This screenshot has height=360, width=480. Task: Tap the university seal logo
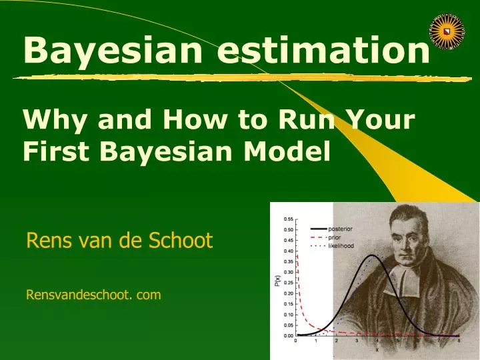pos(447,30)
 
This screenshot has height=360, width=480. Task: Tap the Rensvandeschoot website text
pos(93,294)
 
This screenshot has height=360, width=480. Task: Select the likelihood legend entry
pos(341,246)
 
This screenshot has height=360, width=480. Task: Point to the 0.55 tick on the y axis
pos(288,219)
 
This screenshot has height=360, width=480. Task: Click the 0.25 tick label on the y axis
pos(288,283)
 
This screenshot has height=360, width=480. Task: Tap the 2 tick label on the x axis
pos(337,341)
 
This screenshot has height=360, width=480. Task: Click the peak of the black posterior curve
pos(373,255)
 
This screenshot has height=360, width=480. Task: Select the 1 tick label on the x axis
pos(316,341)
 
